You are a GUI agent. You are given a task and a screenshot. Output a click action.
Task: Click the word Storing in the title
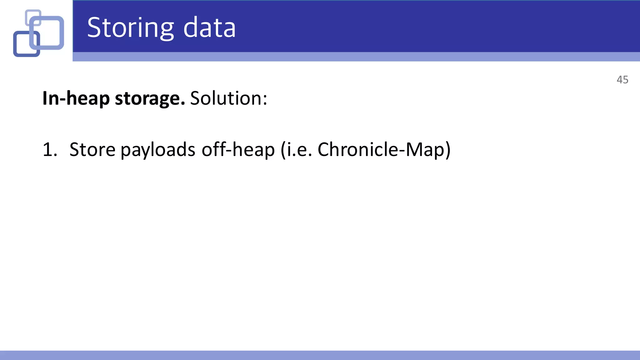pyautogui.click(x=130, y=28)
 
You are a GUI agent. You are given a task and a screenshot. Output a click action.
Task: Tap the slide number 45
pyautogui.click(x=622, y=80)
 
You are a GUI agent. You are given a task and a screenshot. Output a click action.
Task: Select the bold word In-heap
pyautogui.click(x=76, y=98)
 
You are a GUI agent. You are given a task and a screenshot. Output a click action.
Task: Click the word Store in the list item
pyautogui.click(x=92, y=150)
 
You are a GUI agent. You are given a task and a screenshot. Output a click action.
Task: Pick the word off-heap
pyautogui.click(x=238, y=150)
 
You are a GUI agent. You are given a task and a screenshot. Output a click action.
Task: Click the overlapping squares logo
pyautogui.click(x=38, y=33)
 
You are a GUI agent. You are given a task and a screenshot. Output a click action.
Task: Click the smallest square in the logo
pyautogui.click(x=33, y=17)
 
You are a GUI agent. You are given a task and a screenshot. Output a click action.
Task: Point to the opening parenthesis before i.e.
pyautogui.click(x=283, y=150)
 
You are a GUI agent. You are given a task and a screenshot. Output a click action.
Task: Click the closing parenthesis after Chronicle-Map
pyautogui.click(x=447, y=150)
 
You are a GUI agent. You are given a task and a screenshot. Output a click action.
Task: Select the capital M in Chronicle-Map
pyautogui.click(x=414, y=150)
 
